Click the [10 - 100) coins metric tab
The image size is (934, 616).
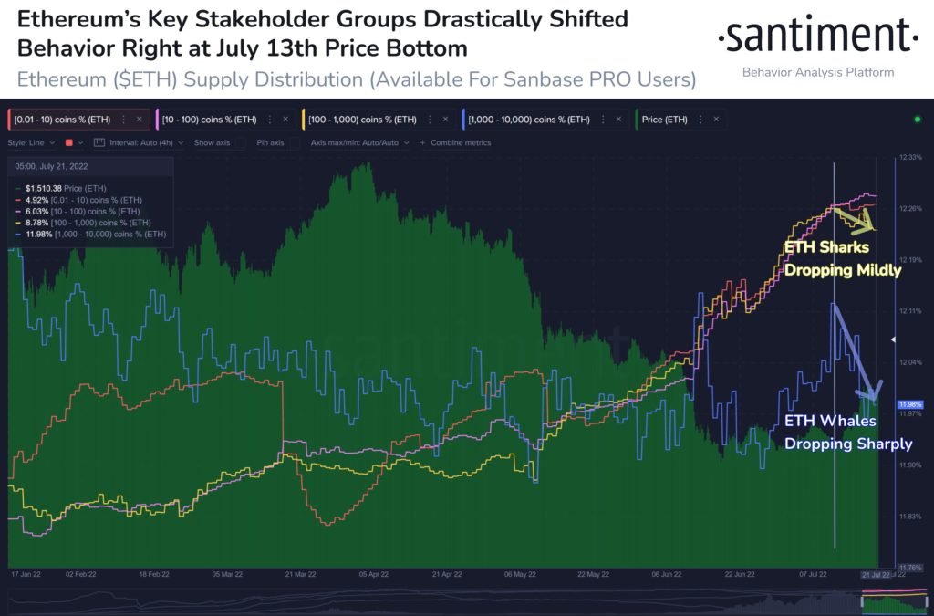pos(210,120)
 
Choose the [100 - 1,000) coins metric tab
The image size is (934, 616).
pos(361,120)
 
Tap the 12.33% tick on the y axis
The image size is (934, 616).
pos(910,158)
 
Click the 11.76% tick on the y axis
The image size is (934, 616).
pos(910,567)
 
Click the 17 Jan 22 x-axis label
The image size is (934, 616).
pos(27,575)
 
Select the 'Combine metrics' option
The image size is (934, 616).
pos(460,142)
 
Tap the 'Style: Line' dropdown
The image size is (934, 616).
pos(31,142)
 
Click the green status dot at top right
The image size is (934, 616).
pos(917,120)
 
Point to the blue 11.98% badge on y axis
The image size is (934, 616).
pos(909,404)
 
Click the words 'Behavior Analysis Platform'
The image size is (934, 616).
pos(817,72)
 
